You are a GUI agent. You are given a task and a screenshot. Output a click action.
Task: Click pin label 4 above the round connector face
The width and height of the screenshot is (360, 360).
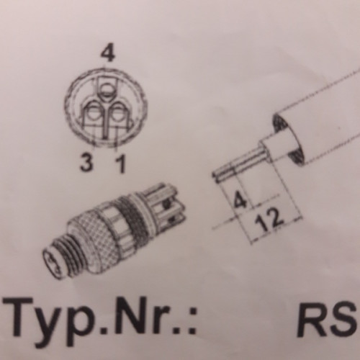tap(108, 55)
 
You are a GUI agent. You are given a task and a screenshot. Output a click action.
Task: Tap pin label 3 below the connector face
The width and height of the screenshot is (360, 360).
tap(86, 162)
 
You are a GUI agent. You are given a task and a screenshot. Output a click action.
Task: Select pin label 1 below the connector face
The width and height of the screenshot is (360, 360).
tap(120, 163)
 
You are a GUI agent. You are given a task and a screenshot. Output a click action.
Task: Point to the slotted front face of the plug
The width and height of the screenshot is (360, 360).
tap(53, 263)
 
